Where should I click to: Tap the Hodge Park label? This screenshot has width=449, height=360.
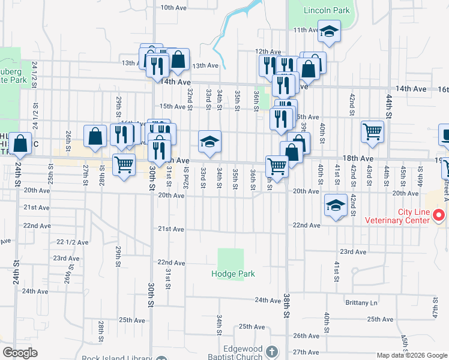pos(233,274)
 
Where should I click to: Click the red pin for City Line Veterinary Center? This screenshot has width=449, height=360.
pos(439,214)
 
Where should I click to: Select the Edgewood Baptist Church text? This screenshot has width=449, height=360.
pos(235,353)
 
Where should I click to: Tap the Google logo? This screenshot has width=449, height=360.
pos(20,353)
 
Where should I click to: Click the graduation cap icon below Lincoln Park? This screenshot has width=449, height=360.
pos(329,31)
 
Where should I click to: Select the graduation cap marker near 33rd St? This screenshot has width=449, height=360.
pos(210,142)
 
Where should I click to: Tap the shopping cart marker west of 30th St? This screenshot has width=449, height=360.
pos(124,164)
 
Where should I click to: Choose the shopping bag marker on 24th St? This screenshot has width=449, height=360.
pos(20,144)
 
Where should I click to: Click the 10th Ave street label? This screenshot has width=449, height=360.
pos(174,8)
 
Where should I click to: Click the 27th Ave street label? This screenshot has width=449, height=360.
pos(306,352)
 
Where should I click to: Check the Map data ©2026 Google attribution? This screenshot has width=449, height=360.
pos(412,355)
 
